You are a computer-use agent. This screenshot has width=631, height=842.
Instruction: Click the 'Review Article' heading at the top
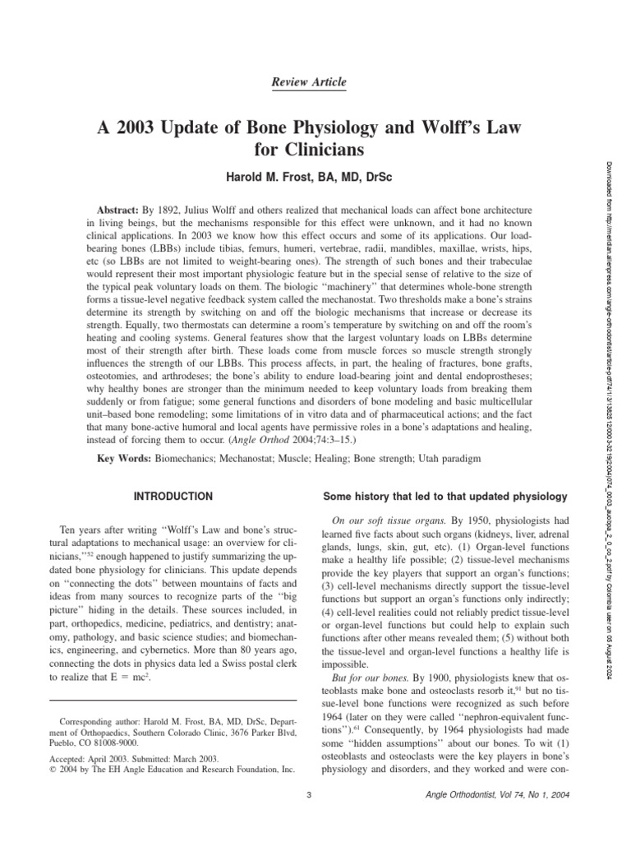(309, 82)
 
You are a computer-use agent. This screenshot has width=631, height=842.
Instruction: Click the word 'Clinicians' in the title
(309, 152)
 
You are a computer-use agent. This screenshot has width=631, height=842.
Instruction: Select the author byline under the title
(309, 178)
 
